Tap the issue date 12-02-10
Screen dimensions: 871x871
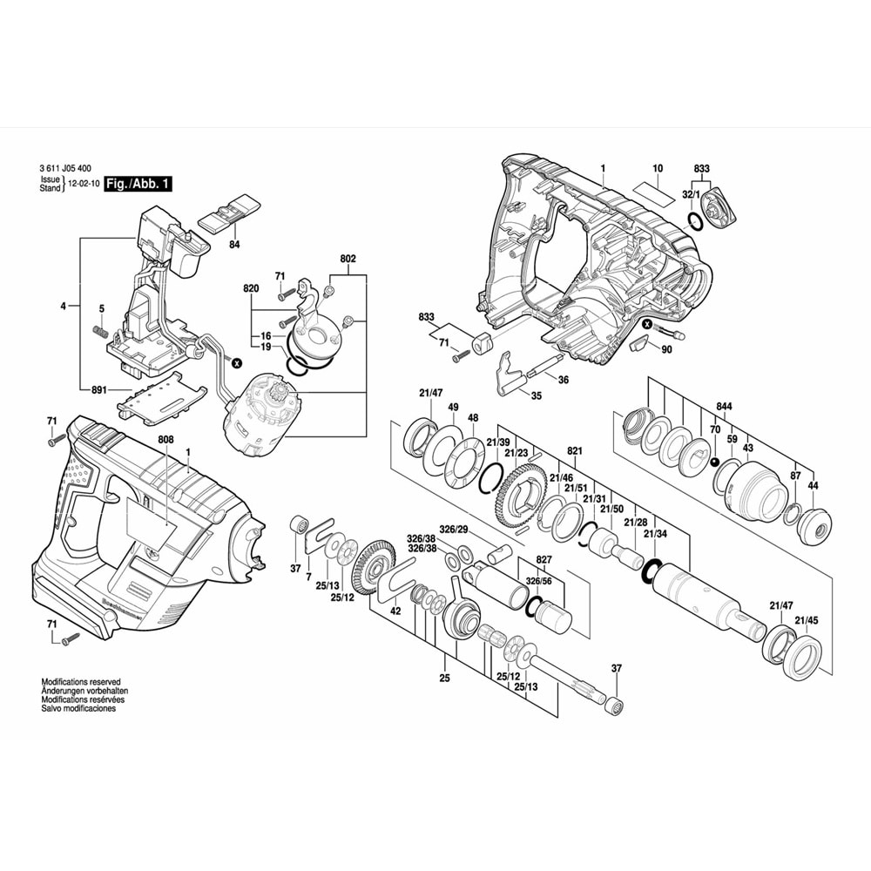[84, 185]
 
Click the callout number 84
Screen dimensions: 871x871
[234, 246]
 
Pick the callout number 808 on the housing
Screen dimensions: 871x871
[166, 440]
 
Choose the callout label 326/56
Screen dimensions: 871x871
[538, 580]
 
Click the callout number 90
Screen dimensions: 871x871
[666, 350]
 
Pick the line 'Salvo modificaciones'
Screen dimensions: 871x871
[78, 708]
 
